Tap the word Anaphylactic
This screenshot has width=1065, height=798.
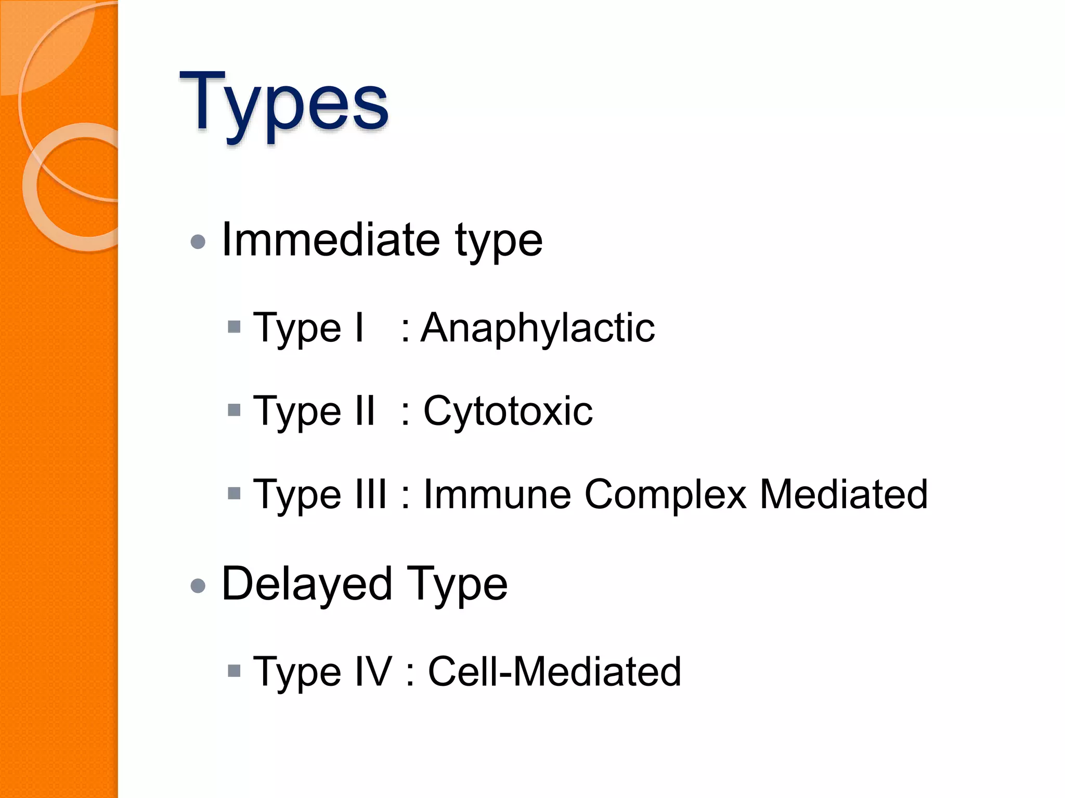(x=538, y=328)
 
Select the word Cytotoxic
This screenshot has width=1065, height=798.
(x=508, y=411)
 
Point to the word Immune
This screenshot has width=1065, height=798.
(x=497, y=494)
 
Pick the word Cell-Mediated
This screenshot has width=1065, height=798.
(x=554, y=671)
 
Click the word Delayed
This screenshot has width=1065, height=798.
(x=307, y=584)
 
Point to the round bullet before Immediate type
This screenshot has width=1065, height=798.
(x=198, y=242)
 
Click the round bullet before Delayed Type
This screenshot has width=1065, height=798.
(x=198, y=586)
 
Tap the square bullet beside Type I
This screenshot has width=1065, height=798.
(x=235, y=327)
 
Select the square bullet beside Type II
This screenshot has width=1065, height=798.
(x=235, y=410)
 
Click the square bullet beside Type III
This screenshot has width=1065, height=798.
(x=235, y=493)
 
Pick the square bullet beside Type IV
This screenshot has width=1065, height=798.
(x=235, y=671)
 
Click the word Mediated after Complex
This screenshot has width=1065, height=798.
(x=843, y=494)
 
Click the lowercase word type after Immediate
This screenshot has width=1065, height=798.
(x=498, y=242)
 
